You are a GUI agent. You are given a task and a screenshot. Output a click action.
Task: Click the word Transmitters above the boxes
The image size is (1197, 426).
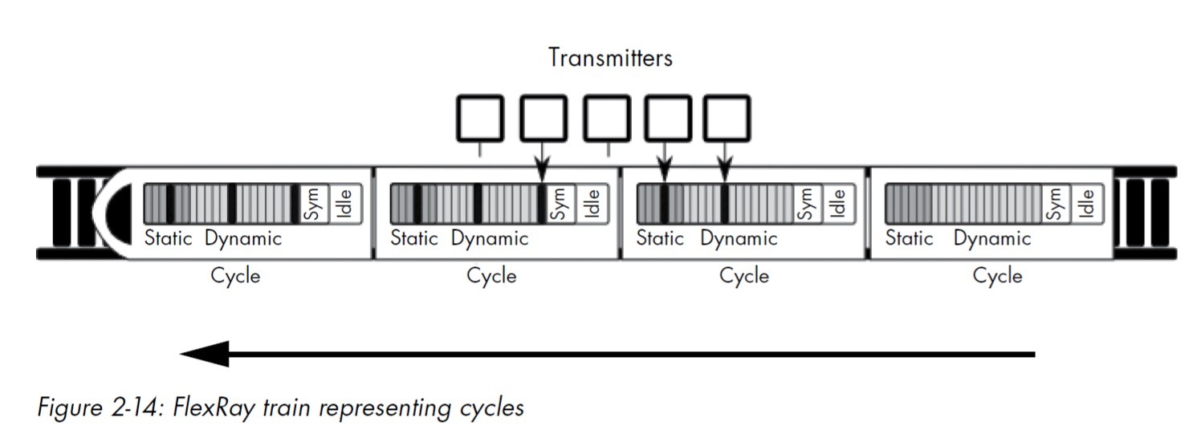tap(610, 58)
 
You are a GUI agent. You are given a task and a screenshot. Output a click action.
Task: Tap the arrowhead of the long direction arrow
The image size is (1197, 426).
tap(204, 354)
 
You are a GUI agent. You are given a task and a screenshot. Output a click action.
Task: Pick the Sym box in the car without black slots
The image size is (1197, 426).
tap(1057, 203)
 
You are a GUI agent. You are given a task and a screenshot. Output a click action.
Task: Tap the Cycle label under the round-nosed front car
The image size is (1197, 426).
tap(235, 276)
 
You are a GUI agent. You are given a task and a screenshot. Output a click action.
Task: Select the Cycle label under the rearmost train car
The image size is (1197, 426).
tap(997, 276)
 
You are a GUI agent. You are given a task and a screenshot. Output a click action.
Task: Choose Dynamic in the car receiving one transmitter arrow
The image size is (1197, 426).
tap(490, 238)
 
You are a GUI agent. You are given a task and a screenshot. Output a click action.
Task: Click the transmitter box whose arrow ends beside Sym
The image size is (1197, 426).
tap(544, 118)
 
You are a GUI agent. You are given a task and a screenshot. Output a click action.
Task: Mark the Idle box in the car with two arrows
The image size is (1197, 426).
tap(836, 203)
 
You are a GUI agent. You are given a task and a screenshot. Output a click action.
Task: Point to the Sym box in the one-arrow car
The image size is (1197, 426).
tap(560, 203)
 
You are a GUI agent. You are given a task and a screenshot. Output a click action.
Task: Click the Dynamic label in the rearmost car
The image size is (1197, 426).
tap(992, 238)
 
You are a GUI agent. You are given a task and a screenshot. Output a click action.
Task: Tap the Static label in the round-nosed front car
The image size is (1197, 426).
tap(169, 238)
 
